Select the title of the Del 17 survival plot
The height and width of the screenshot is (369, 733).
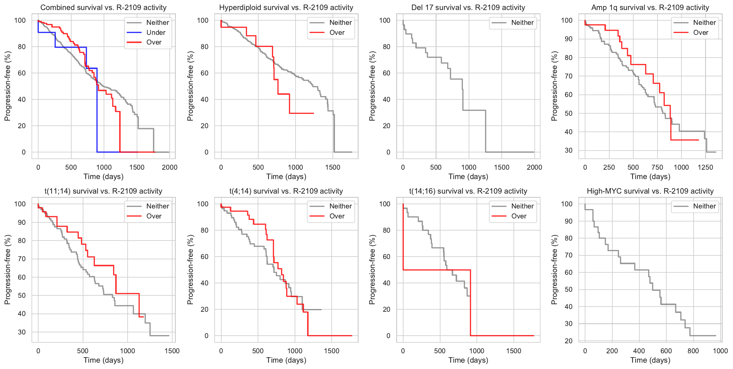coord(468,8)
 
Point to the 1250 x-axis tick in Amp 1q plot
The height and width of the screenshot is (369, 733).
coord(705,167)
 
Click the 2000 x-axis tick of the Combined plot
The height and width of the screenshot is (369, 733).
coord(169,167)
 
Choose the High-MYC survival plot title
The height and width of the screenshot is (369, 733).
coord(650,191)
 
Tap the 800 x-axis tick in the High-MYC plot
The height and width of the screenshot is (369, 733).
coord(693,351)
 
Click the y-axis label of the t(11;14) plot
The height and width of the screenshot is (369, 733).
coord(7,270)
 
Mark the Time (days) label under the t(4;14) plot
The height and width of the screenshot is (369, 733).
coord(286,360)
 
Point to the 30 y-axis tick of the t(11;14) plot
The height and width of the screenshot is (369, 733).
coord(22,332)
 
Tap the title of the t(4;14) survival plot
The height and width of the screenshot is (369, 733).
coord(286,191)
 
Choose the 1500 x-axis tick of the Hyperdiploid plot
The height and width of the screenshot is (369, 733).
coord(333,167)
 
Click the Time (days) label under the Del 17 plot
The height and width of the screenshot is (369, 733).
coord(468,176)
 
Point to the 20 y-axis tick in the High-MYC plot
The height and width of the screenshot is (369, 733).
coord(569,341)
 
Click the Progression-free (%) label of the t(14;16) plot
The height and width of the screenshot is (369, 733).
coord(372,270)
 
